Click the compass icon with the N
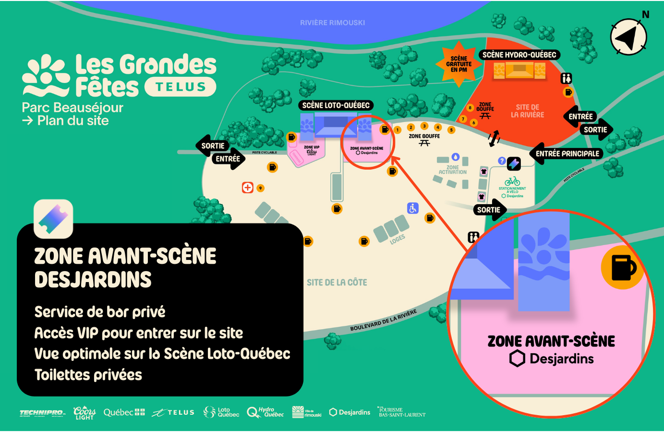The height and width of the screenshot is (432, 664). click(628, 37)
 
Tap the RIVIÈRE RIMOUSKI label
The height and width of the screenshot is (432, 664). click(332, 23)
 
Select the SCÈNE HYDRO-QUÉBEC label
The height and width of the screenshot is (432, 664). click(519, 55)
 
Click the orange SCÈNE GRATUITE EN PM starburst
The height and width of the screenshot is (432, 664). click(459, 64)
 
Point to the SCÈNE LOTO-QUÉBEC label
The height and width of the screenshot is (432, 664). click(336, 105)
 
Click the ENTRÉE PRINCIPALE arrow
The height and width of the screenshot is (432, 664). click(567, 154)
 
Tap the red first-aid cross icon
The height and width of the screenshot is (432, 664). click(247, 187)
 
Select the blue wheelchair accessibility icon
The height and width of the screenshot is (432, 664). click(413, 208)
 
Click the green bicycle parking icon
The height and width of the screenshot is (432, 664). click(512, 181)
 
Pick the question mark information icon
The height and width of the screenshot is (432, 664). click(502, 161)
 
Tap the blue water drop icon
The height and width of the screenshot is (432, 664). click(456, 157)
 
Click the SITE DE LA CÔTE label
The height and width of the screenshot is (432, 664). click(337, 283)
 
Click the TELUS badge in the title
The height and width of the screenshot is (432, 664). click(181, 87)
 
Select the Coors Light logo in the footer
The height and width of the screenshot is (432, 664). click(85, 413)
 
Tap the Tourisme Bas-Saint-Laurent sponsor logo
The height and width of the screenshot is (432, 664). click(401, 412)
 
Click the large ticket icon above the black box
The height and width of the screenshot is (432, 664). click(53, 219)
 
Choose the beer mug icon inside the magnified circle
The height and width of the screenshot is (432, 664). click(623, 268)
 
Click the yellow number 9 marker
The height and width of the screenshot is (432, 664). click(260, 188)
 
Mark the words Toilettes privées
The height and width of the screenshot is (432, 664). click(88, 375)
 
